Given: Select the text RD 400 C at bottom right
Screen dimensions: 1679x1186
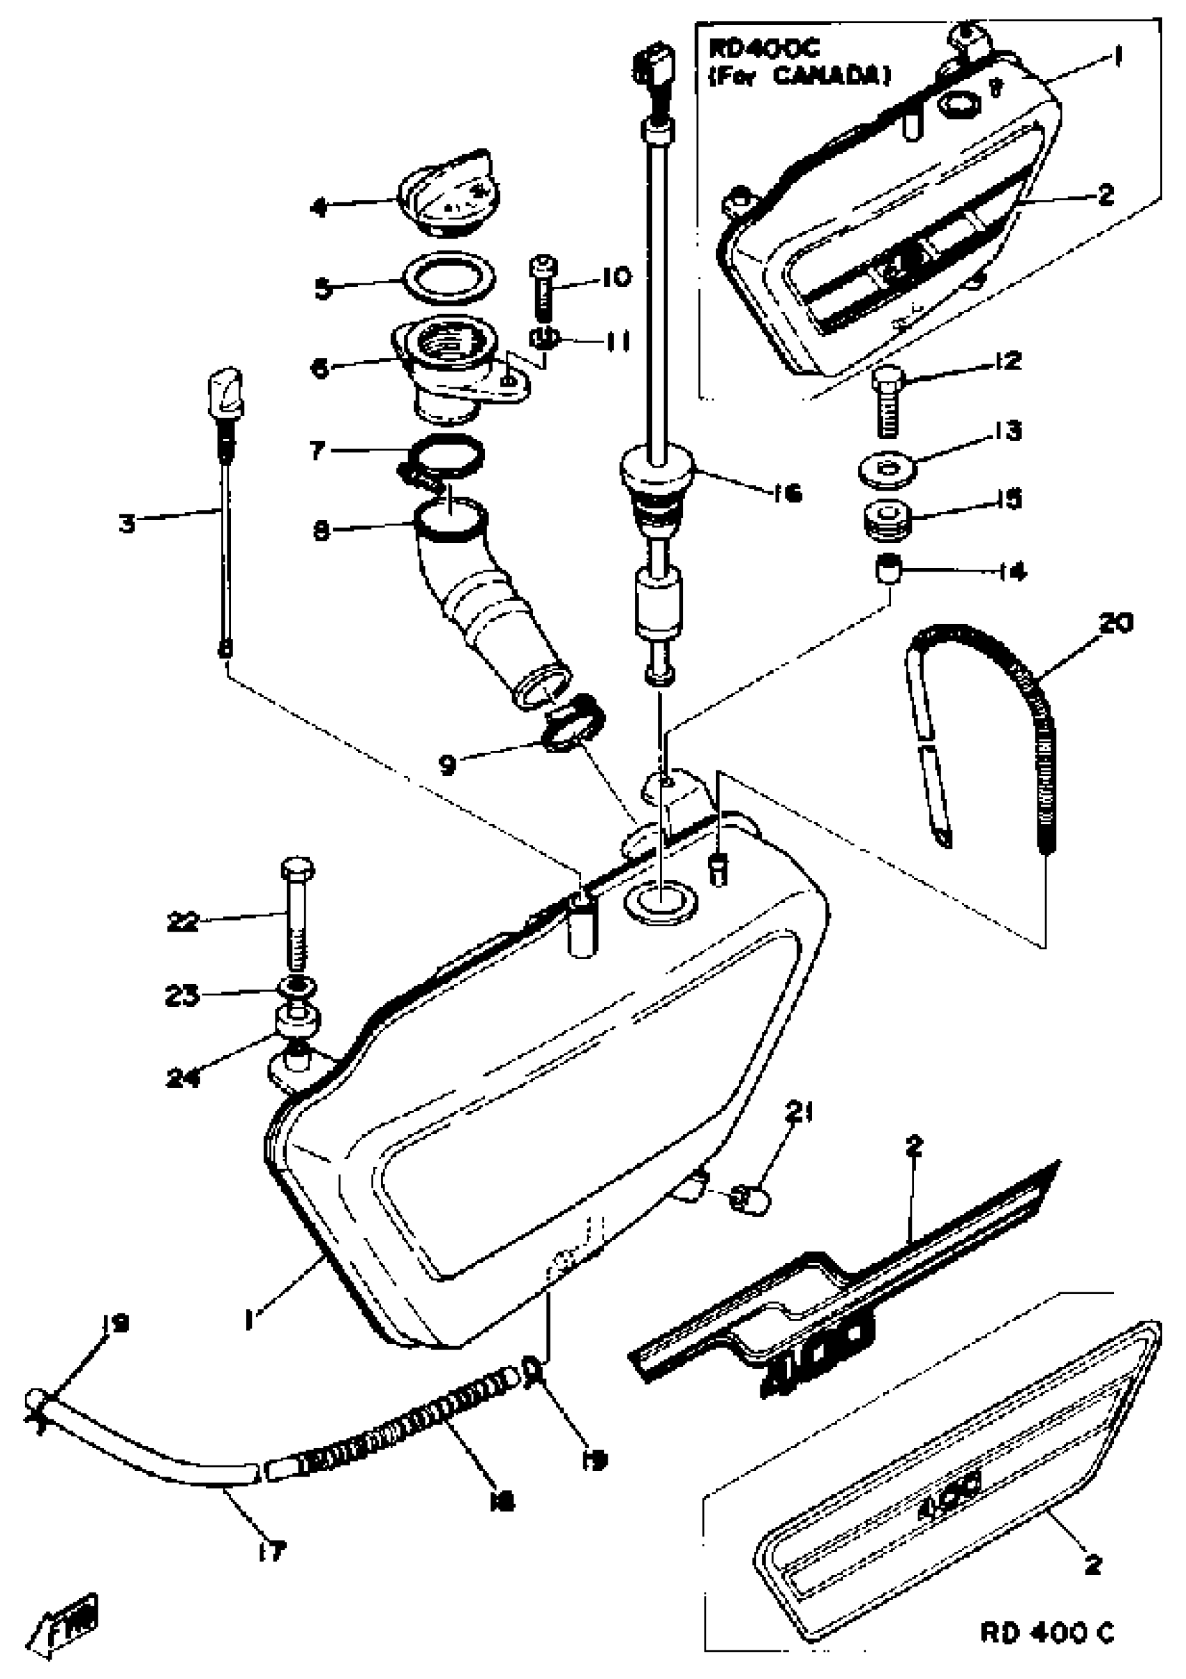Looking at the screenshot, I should [1047, 1634].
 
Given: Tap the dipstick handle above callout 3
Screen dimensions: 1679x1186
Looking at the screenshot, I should [226, 394].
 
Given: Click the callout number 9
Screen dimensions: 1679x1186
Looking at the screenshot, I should [447, 765].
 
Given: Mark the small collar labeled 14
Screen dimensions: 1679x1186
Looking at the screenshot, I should [888, 569].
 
